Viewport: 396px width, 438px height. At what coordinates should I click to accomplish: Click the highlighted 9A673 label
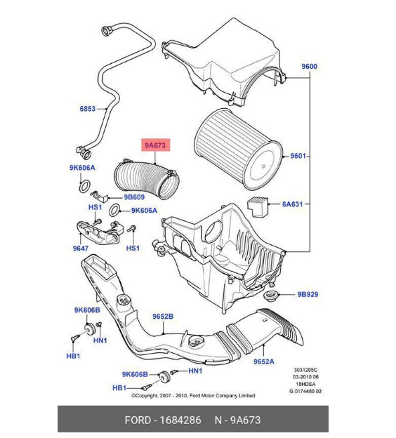coord(154,146)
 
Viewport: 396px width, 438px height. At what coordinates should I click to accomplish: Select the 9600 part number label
coord(310,67)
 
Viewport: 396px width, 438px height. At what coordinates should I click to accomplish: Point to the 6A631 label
coord(293,204)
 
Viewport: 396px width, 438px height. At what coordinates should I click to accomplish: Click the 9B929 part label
coord(308,294)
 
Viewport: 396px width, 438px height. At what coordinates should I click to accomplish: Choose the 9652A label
coord(264,361)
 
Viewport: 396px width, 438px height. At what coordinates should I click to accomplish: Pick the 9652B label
coord(163,317)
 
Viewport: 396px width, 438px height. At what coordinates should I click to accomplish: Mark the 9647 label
coord(80,248)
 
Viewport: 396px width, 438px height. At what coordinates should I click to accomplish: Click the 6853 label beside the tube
coord(87,109)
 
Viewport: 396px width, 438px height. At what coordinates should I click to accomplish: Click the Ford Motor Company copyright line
coord(193,396)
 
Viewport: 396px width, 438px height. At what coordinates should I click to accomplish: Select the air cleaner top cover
coord(225,64)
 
